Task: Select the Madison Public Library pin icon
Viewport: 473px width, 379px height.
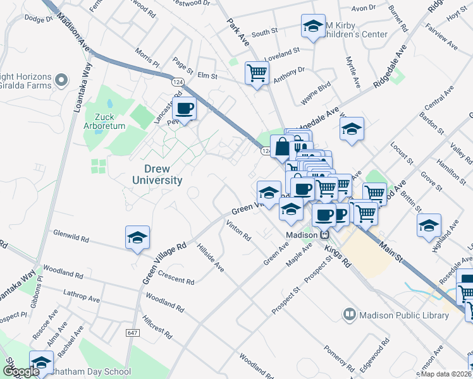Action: coord(349,314)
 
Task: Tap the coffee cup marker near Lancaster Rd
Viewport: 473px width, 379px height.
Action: coord(184,109)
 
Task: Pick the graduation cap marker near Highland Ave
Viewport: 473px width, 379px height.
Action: coord(429,226)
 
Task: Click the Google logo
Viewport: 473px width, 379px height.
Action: coord(21,371)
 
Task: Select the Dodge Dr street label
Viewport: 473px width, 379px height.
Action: coord(40,18)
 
